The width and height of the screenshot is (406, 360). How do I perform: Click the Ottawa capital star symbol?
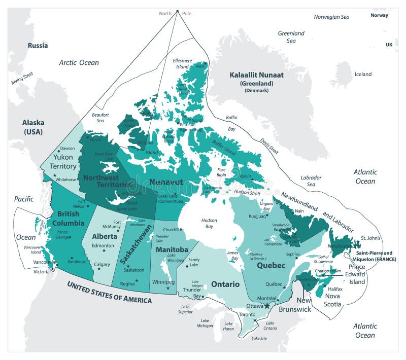(x=267, y=306)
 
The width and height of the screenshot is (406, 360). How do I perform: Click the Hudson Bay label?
(x=209, y=224)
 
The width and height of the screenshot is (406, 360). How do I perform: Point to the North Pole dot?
(x=177, y=11)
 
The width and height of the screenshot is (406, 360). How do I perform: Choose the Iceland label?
(x=363, y=74)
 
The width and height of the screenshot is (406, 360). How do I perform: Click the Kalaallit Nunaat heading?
(x=256, y=75)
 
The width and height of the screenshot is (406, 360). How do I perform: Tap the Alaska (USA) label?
(x=33, y=127)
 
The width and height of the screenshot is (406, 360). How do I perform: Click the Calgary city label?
(x=102, y=264)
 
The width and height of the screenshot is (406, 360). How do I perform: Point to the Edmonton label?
(x=103, y=245)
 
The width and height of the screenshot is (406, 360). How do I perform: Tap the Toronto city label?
(x=247, y=314)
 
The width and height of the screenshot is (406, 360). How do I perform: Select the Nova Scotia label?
(x=333, y=300)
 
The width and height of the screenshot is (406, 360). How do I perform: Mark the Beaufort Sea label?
(x=100, y=118)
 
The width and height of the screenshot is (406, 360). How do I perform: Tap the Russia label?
(x=38, y=45)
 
